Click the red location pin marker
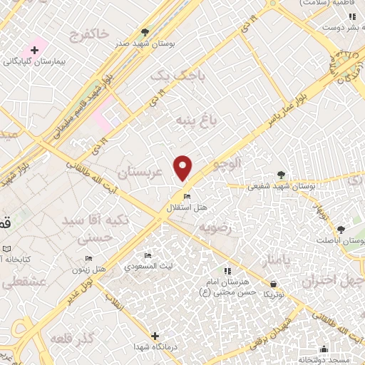(183, 168)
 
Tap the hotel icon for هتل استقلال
(187, 197)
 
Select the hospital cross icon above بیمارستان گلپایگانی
(34, 50)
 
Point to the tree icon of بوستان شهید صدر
(145, 32)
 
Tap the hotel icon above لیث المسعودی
(148, 256)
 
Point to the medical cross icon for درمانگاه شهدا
(155, 335)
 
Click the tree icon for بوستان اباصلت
(341, 230)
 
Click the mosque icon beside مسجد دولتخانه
(324, 349)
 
